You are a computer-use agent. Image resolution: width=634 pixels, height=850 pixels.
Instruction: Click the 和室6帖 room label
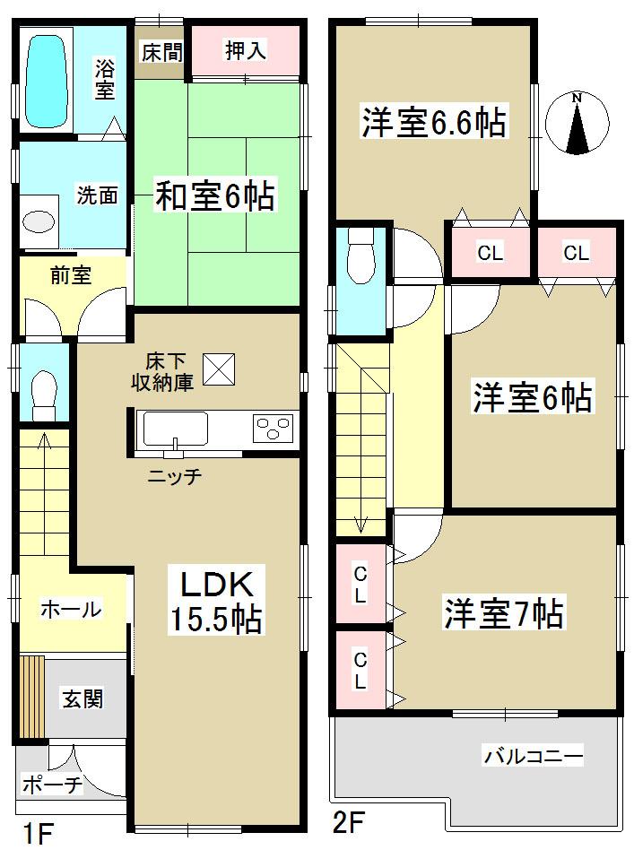coord(215,195)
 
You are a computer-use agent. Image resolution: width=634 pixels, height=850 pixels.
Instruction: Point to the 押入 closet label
coord(245,51)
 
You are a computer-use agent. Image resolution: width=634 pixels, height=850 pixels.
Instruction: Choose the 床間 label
coord(161,51)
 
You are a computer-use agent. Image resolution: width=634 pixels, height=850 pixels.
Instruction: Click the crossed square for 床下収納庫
coord(218,369)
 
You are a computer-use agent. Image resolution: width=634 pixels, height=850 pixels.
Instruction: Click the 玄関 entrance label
coord(81,698)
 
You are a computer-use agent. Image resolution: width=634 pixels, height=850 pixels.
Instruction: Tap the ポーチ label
coord(52,786)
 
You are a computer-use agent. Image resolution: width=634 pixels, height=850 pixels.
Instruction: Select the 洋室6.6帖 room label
coord(434,122)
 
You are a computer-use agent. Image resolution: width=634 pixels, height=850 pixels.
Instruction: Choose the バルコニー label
coord(534,758)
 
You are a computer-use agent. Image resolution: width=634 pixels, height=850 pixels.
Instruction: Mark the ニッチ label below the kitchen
coord(175,477)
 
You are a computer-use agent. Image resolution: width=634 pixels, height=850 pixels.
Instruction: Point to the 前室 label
coord(70,275)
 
